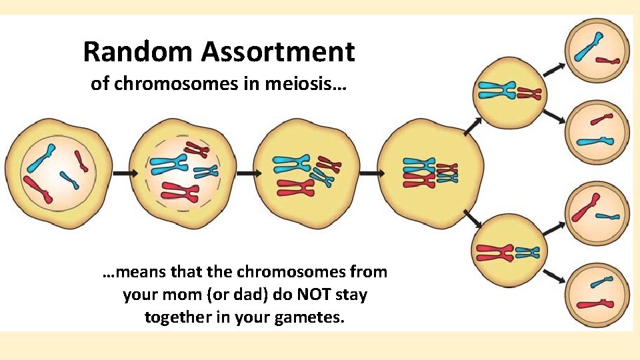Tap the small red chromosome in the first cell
[81, 160]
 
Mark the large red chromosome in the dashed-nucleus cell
[180, 192]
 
